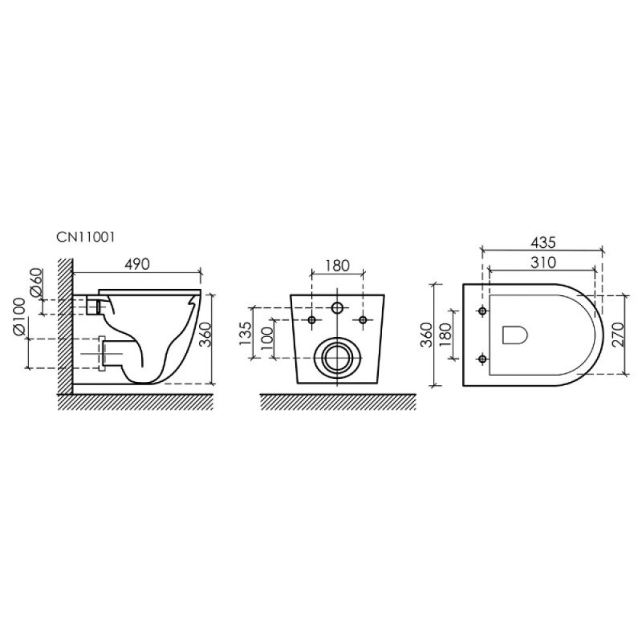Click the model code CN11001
click(86, 238)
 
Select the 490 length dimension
click(136, 265)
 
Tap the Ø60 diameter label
click(37, 282)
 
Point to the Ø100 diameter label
click(19, 317)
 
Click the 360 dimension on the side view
click(205, 335)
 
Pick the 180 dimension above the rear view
click(337, 266)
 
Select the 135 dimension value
click(246, 333)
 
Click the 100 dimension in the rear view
click(267, 338)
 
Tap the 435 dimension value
click(543, 242)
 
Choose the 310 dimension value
click(543, 262)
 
